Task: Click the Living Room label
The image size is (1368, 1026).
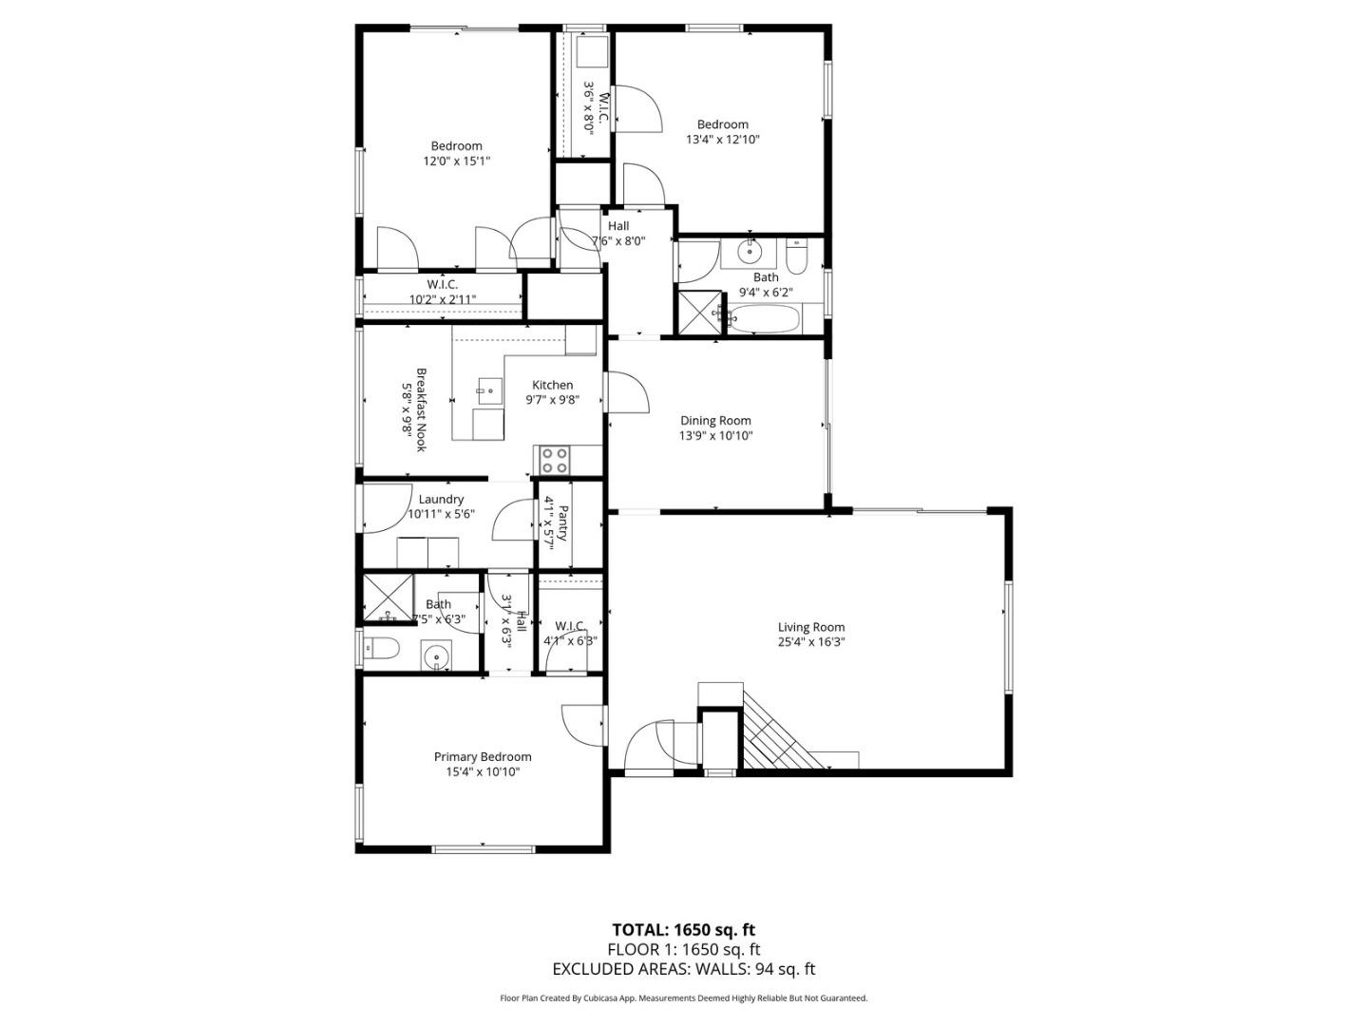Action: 810,627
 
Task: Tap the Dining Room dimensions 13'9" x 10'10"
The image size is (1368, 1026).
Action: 715,436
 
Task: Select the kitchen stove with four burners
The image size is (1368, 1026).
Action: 555,461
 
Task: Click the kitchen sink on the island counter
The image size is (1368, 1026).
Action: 490,389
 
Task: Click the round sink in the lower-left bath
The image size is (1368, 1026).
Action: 435,655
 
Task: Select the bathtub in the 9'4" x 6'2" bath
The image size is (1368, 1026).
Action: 766,319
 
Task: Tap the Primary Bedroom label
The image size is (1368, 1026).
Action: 483,757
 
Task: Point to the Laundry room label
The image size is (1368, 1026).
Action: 441,500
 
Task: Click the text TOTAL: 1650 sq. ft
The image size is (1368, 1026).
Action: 683,929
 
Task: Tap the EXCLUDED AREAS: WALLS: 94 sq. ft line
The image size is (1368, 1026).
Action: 683,969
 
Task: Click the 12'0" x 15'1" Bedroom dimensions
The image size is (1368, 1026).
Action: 456,161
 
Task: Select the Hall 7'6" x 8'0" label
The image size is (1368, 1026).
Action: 618,234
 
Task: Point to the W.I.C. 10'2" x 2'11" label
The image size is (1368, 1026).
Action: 442,292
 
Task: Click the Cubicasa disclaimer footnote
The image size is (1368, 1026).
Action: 683,998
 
